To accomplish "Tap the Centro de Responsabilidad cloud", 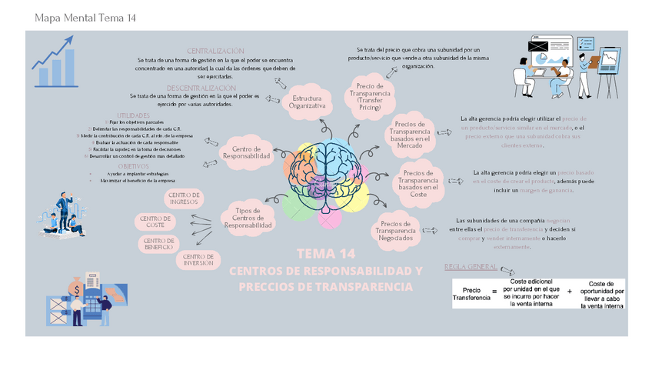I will pyautogui.click(x=247, y=152).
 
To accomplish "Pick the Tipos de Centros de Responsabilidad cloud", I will pyautogui.click(x=248, y=218).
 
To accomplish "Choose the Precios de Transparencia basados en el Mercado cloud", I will pyautogui.click(x=414, y=134).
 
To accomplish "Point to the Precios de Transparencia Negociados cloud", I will pyautogui.click(x=400, y=230).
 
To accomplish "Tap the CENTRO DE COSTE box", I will pyautogui.click(x=156, y=222).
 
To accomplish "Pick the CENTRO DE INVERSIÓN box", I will pyautogui.click(x=198, y=260).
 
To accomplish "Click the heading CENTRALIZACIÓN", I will pyautogui.click(x=215, y=51).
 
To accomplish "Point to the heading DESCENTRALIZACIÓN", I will pyautogui.click(x=201, y=88).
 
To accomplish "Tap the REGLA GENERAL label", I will pyautogui.click(x=471, y=267).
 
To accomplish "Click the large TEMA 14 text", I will pyautogui.click(x=326, y=254).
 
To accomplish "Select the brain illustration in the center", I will pyautogui.click(x=326, y=174).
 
